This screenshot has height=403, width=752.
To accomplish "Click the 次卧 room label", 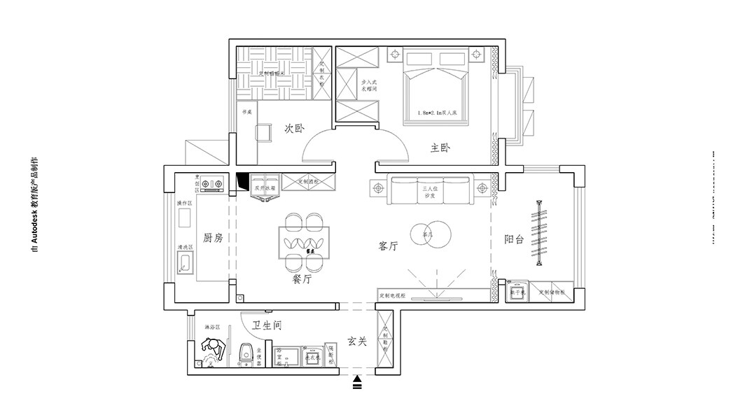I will point(294,129).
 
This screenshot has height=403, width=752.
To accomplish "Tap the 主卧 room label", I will point(440,148).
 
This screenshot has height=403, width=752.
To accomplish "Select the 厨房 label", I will point(213,238).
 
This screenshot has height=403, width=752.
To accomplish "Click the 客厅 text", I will point(389,246).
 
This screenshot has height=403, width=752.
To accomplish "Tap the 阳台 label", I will point(514,239).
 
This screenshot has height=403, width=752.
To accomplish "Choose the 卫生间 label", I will point(267,325).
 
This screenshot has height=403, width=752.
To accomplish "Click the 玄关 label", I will point(357,341).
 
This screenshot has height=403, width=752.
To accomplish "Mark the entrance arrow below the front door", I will point(357,382).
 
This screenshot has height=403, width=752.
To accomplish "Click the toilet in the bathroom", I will point(246,355).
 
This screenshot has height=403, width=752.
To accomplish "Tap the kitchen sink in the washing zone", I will point(186,264).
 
